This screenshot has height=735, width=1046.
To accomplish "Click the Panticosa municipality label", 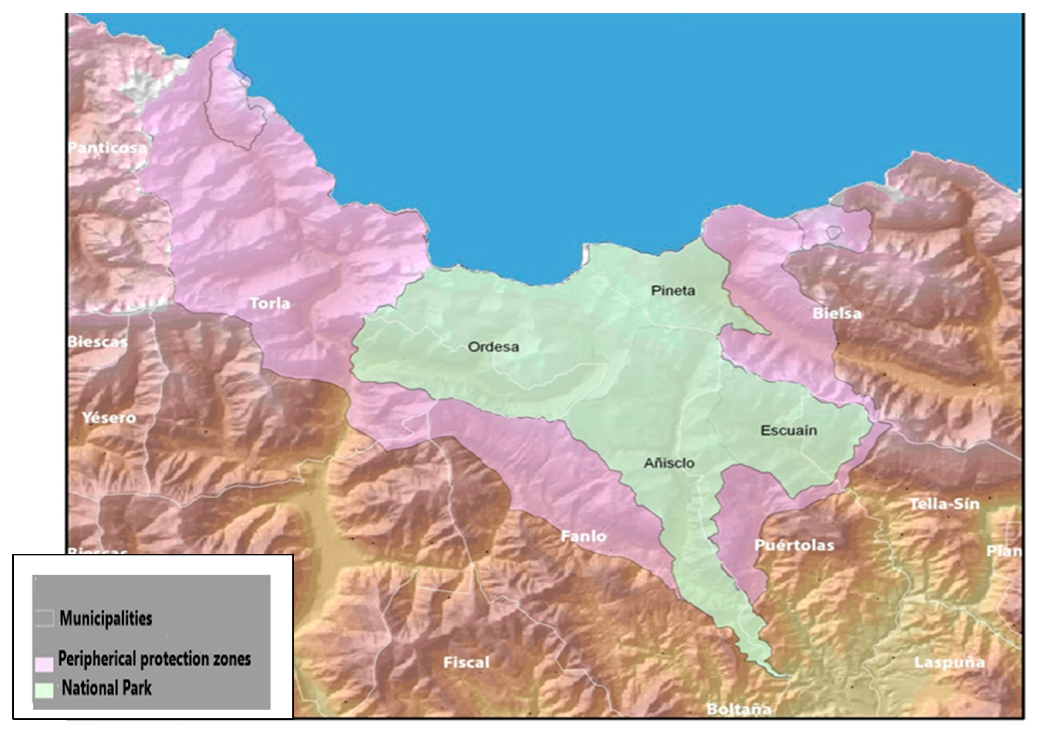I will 107,148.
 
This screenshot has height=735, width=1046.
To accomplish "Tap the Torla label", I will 270,303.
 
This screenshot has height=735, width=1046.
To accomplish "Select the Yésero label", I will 109,418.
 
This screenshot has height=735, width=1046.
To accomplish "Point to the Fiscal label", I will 466,662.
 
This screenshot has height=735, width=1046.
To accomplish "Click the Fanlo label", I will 583,536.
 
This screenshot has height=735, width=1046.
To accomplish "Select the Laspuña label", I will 949,662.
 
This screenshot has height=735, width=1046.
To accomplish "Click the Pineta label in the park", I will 673,290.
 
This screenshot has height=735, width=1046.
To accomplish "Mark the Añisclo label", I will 669,464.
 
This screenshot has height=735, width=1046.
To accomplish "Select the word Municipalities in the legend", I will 106,618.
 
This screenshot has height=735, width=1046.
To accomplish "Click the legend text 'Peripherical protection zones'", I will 155,659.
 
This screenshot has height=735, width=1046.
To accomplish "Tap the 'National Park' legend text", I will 107,687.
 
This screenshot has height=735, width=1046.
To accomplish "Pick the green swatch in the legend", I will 44,690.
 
